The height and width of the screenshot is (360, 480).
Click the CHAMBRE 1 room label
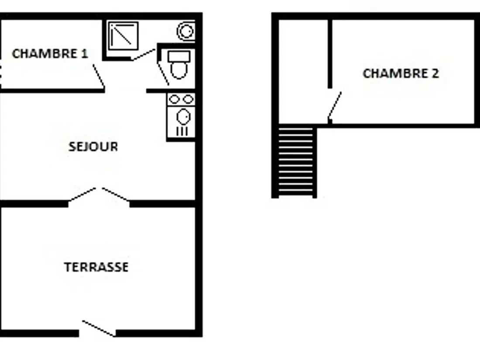pos(50,54)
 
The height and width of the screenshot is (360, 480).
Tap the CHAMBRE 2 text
pos(401,73)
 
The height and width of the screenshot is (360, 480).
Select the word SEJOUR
pos(93,147)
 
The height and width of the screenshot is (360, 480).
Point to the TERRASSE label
pos(96,267)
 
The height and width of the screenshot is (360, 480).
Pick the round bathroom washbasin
pos(186,31)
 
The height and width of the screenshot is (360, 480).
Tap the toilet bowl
pos(179,70)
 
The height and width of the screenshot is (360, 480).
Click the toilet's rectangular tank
pos(179,57)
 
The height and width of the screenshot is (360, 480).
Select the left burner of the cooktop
pos(174,99)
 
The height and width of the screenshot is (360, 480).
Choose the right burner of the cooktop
pos(188,99)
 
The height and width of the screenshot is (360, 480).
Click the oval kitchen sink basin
pos(184,117)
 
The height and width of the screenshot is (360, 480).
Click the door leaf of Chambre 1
pos(99,76)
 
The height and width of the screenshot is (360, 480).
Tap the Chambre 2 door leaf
pos(335,106)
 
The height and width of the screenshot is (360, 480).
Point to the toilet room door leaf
pos(163,74)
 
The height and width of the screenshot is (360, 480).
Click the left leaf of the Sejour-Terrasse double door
pos(82,194)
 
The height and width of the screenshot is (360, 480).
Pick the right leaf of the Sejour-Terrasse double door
pos(116,194)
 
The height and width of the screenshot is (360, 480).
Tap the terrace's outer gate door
pos(99,329)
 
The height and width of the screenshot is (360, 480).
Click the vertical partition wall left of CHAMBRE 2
pos(330,54)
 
